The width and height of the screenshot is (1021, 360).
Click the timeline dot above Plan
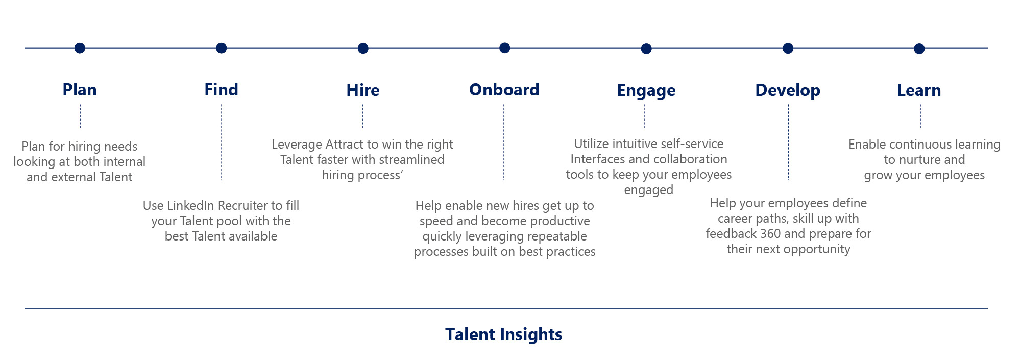click(80, 48)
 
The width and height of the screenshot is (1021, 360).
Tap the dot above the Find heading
click(221, 48)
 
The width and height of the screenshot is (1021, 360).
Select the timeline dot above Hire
click(363, 49)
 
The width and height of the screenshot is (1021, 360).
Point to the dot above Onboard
click(504, 48)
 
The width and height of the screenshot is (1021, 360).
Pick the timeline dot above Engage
click(646, 49)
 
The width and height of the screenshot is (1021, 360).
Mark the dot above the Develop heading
click(788, 49)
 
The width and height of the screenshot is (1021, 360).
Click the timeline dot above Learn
click(919, 49)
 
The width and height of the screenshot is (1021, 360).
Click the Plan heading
click(80, 90)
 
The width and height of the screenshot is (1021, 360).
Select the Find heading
click(221, 90)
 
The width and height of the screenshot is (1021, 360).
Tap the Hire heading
click(363, 90)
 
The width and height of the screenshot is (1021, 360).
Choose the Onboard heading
click(504, 90)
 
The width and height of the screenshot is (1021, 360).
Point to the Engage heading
click(646, 91)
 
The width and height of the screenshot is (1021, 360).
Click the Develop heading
click(788, 91)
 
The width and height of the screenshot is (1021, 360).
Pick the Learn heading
click(919, 90)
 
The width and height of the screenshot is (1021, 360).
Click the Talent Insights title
click(503, 334)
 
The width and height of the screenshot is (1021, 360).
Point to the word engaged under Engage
click(649, 190)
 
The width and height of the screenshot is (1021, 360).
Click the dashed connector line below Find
click(221, 142)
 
